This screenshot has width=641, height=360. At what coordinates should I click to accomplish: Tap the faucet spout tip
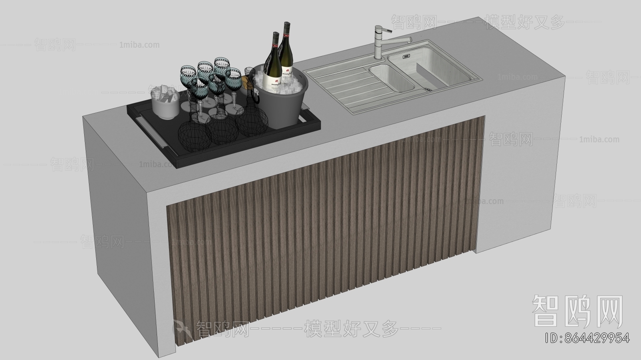pos(409,39)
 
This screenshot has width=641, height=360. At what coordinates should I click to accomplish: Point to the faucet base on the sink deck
pos(379,56)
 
